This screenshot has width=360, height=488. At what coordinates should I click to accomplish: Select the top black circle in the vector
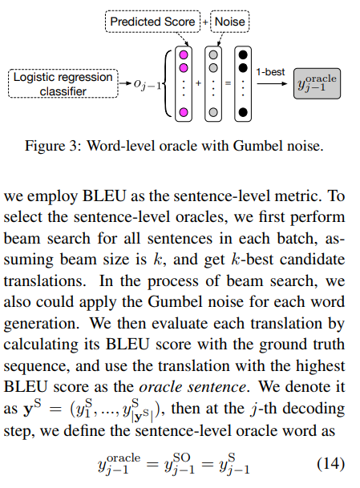pyautogui.click(x=241, y=54)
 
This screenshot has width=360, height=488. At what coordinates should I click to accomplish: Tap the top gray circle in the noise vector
pyautogui.click(x=213, y=54)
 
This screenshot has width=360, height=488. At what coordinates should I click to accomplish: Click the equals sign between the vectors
pyautogui.click(x=227, y=83)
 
